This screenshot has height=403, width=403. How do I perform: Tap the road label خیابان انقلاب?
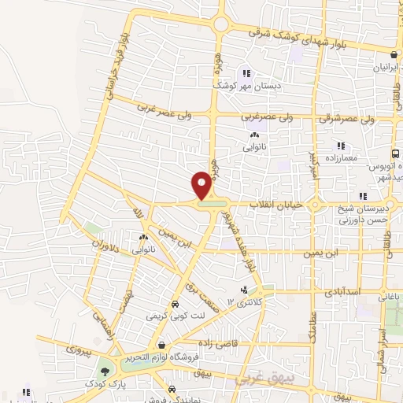pos(271,205)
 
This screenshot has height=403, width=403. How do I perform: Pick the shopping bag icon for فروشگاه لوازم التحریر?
pos(161,344)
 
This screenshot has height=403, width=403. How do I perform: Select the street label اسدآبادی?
pos(341,290)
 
